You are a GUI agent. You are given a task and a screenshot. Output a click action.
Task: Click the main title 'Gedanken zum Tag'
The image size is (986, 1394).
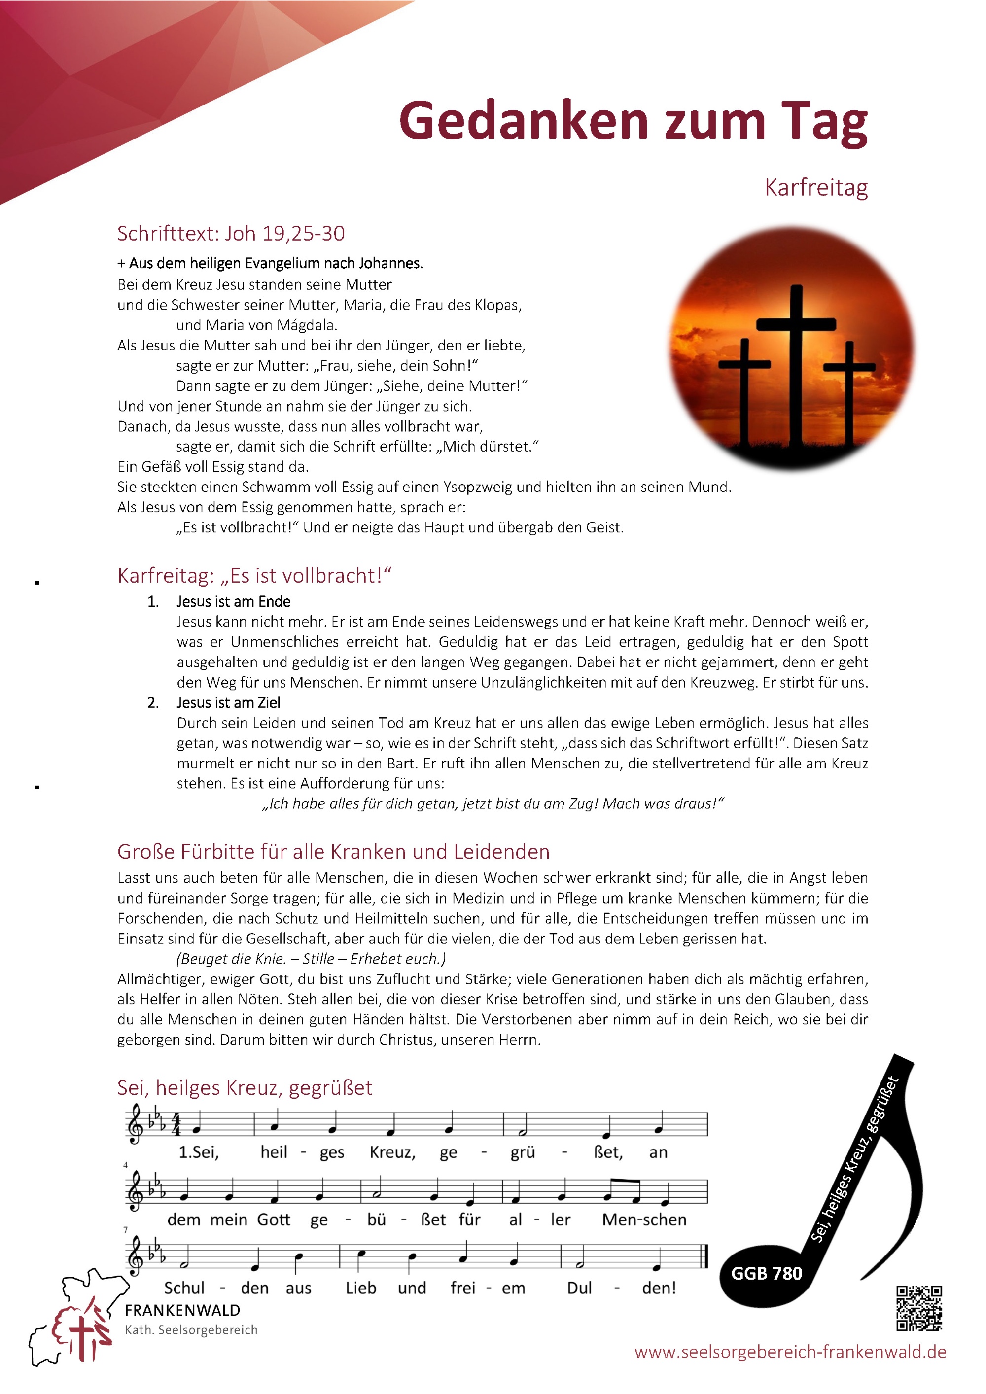pyautogui.click(x=633, y=121)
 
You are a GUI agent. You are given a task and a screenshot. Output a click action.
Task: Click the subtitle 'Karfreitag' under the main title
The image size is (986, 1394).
pyautogui.click(x=815, y=188)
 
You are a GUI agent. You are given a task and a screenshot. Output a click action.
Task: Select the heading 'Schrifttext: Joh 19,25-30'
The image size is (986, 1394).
pyautogui.click(x=231, y=233)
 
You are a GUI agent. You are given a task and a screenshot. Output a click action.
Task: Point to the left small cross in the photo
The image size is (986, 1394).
pyautogui.click(x=745, y=388)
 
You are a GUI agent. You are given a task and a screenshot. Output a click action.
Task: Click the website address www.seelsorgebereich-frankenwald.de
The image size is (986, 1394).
pyautogui.click(x=790, y=1352)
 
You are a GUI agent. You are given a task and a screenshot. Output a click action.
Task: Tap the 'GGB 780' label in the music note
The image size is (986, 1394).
pyautogui.click(x=766, y=1273)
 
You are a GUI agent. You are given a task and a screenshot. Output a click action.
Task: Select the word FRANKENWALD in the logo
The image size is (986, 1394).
pyautogui.click(x=182, y=1310)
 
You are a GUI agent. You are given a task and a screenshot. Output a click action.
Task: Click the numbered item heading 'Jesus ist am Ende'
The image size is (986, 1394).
pyautogui.click(x=233, y=602)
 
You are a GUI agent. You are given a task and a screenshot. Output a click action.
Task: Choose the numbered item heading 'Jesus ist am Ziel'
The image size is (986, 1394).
pyautogui.click(x=228, y=703)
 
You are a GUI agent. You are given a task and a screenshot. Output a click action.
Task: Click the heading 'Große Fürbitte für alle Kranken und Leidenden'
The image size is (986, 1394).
pyautogui.click(x=333, y=851)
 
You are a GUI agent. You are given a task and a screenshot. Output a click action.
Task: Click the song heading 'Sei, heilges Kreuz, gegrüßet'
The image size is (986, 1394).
pyautogui.click(x=245, y=1087)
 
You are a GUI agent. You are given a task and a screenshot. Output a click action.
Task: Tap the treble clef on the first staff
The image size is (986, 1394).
pyautogui.click(x=134, y=1124)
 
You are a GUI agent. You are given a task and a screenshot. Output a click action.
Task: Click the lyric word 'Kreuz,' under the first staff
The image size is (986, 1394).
pyautogui.click(x=392, y=1152)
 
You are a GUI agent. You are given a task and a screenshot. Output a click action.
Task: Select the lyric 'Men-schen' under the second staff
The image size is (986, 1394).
pyautogui.click(x=644, y=1220)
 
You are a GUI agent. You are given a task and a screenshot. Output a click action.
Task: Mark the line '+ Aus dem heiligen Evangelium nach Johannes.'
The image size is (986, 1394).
pyautogui.click(x=270, y=264)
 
